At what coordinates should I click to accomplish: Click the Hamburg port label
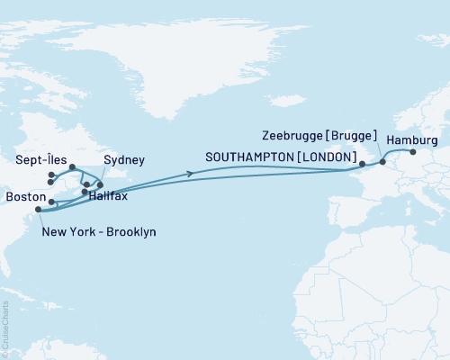click(x=412, y=140)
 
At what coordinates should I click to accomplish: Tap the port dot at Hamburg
click(x=413, y=152)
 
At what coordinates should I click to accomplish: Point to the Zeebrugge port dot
click(x=382, y=162)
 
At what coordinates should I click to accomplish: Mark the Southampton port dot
click(x=362, y=164)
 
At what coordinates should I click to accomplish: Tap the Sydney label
click(x=123, y=160)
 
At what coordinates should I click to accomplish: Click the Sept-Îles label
click(x=38, y=160)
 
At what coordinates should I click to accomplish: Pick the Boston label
click(x=22, y=196)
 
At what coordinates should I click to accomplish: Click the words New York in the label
click(x=69, y=232)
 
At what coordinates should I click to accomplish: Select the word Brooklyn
click(x=130, y=232)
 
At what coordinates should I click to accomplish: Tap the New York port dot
click(x=37, y=211)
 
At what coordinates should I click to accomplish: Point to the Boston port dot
click(x=51, y=202)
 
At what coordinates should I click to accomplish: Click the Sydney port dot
click(x=100, y=184)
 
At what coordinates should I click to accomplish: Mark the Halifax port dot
click(x=85, y=192)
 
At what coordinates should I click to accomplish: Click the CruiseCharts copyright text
click(x=6, y=328)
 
